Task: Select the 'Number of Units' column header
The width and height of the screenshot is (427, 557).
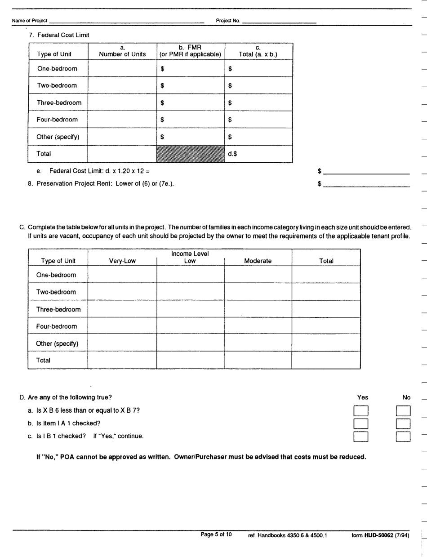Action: [x=122, y=51]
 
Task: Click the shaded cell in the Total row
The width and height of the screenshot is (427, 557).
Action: [x=190, y=153]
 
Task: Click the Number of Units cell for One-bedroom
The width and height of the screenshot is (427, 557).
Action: [x=122, y=69]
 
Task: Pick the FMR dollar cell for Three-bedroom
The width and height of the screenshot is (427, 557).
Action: [x=190, y=102]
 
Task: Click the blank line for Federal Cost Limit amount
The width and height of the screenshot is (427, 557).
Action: [x=366, y=171]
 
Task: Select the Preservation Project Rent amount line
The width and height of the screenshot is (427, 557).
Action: [x=366, y=184]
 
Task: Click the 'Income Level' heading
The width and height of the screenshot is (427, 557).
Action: [x=190, y=254]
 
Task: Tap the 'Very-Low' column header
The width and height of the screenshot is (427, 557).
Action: [x=122, y=261]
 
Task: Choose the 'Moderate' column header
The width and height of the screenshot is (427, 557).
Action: [x=258, y=261]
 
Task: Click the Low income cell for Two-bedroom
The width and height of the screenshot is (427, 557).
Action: [x=190, y=292]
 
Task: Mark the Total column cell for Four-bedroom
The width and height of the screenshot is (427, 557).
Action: [x=326, y=326]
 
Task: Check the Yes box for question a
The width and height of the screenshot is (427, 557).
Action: [x=361, y=411]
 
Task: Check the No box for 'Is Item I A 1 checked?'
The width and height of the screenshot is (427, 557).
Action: [x=404, y=423]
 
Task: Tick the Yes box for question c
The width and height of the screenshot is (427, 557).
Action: [x=361, y=437]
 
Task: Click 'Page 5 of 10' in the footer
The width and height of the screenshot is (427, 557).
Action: [x=216, y=535]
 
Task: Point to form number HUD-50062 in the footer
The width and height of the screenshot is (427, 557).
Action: [x=380, y=535]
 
